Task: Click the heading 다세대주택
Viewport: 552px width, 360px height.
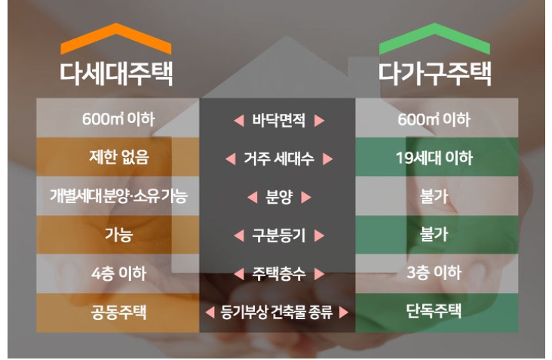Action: (x=116, y=74)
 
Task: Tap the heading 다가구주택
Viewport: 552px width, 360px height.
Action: (x=434, y=74)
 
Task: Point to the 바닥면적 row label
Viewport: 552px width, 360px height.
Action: (x=278, y=120)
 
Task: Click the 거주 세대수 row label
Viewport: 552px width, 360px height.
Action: (x=278, y=159)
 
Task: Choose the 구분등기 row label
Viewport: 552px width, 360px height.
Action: (x=278, y=235)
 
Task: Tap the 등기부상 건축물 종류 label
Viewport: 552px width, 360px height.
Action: (x=278, y=312)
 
